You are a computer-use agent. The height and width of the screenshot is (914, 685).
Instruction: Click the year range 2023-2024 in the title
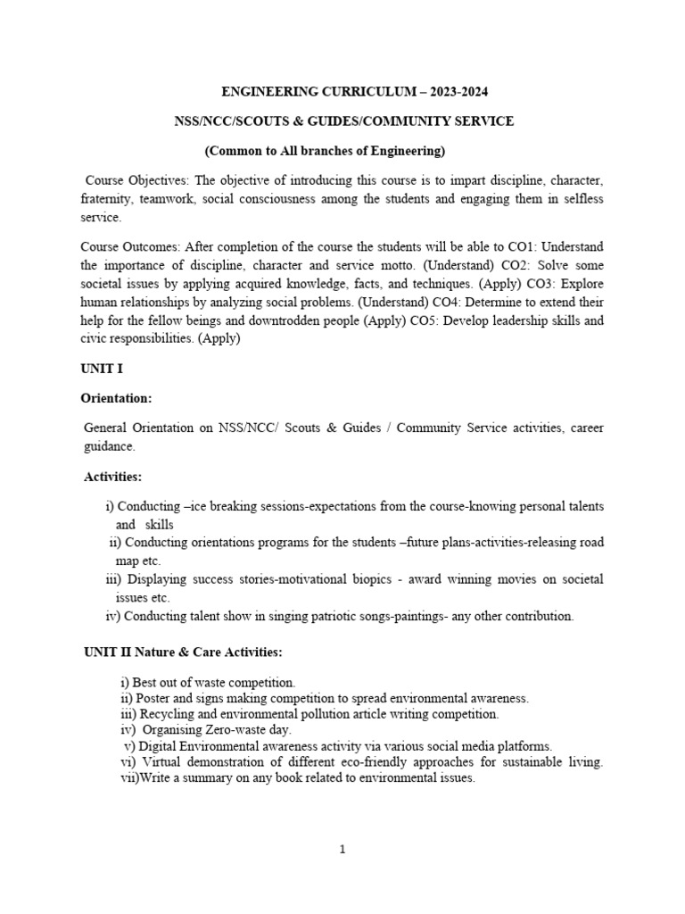coord(454,92)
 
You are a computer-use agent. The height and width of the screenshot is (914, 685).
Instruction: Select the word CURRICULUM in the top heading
coord(342,92)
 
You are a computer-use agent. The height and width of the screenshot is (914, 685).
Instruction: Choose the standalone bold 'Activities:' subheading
coord(113,477)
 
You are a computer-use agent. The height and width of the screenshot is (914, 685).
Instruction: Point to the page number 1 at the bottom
coord(342,850)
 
